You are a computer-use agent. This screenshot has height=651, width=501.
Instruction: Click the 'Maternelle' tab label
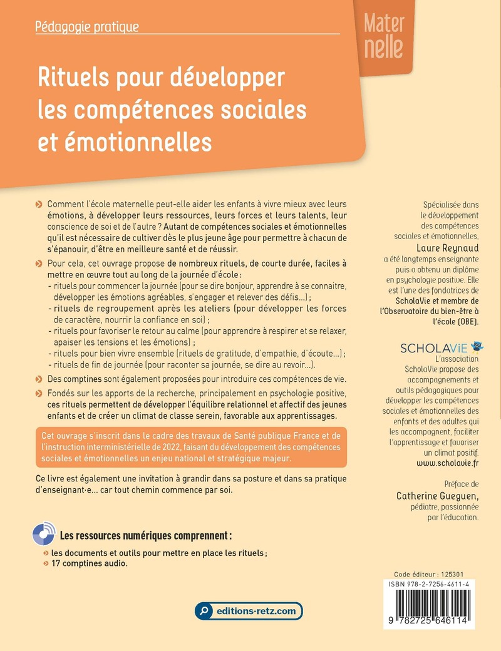click(x=384, y=36)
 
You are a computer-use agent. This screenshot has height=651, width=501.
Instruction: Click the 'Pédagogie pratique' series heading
click(x=87, y=27)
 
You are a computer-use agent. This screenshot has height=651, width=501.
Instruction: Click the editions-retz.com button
click(x=249, y=610)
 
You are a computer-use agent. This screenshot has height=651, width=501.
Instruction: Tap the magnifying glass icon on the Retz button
click(x=204, y=611)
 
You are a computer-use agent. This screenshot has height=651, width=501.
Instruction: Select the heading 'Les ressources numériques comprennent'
click(x=146, y=536)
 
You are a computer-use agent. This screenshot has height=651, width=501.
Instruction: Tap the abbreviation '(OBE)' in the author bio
click(x=463, y=321)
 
